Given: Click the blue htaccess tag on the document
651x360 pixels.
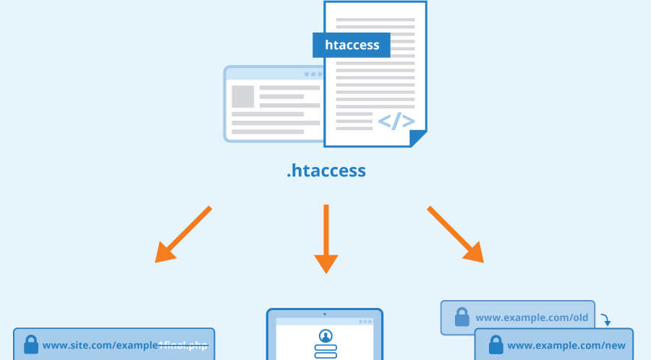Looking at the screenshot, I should (x=352, y=45).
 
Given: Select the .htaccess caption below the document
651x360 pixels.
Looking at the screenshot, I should (x=326, y=171).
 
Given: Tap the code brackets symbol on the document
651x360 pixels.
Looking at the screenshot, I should (x=396, y=121).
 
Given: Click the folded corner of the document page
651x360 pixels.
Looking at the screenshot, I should (x=418, y=137).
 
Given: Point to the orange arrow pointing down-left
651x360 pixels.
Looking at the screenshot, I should (x=182, y=234).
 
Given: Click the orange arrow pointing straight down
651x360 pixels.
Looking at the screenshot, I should (x=326, y=238).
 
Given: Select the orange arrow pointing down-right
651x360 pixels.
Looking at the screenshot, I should (x=456, y=234).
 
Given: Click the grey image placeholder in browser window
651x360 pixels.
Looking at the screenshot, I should (x=242, y=97).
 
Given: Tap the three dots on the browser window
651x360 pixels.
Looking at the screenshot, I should (x=312, y=74).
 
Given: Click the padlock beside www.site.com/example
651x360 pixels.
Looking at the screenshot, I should (x=30, y=345).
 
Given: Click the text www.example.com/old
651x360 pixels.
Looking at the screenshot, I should (x=532, y=318).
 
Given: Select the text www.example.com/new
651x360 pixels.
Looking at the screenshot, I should (x=566, y=346).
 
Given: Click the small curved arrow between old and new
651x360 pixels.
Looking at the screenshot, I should (x=605, y=319).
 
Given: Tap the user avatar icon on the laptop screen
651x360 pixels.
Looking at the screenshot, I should (x=325, y=336).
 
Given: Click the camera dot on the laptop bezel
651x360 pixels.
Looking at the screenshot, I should (x=325, y=314).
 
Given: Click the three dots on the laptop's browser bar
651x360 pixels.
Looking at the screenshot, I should (x=365, y=322).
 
